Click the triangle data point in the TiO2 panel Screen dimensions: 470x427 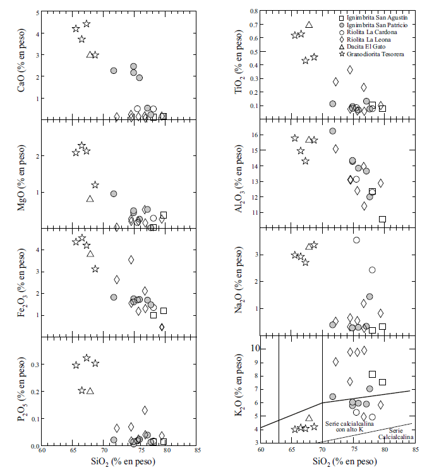click(x=309, y=25)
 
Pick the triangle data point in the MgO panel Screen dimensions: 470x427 click(x=90, y=198)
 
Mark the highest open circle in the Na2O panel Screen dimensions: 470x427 click(x=356, y=240)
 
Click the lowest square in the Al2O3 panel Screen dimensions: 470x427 click(x=382, y=219)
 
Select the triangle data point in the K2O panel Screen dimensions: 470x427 click(x=309, y=418)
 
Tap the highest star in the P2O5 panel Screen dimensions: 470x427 click(x=87, y=358)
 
